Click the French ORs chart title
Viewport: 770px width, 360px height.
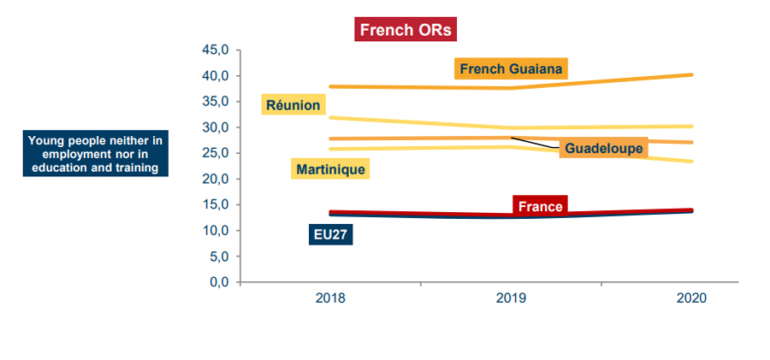click(x=405, y=30)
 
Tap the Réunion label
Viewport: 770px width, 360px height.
click(x=293, y=105)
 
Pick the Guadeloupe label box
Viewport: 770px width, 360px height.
click(x=603, y=148)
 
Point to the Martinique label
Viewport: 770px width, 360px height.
click(x=330, y=169)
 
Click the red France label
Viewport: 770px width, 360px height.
click(x=541, y=206)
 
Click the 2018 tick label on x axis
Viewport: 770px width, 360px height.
click(x=330, y=298)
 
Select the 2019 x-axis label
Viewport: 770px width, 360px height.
click(x=511, y=298)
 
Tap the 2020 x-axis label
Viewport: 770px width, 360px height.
click(x=691, y=298)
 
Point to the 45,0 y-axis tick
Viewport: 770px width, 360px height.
click(x=214, y=50)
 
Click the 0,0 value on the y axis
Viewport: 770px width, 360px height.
click(x=217, y=282)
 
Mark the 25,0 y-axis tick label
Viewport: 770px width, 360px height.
click(x=214, y=153)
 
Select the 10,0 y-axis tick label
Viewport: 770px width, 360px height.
click(x=214, y=231)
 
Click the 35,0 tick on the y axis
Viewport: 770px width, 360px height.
click(x=214, y=101)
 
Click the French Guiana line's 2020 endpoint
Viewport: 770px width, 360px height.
click(x=691, y=74)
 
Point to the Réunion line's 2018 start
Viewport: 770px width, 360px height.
click(x=330, y=117)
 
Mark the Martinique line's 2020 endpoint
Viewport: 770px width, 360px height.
click(x=691, y=161)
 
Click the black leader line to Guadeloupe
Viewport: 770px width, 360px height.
click(x=535, y=144)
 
